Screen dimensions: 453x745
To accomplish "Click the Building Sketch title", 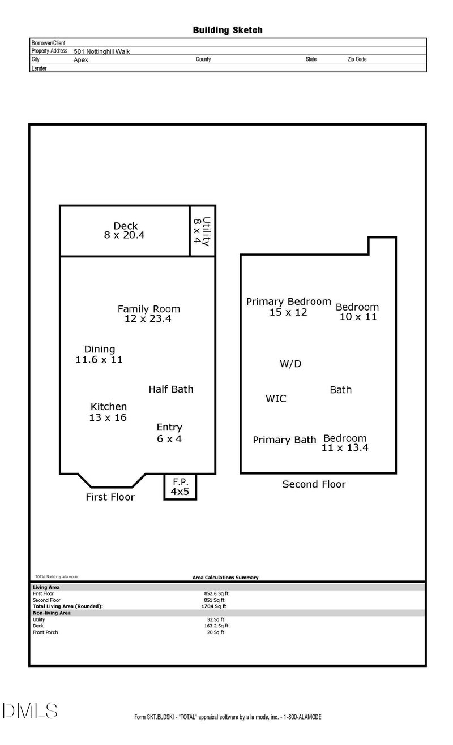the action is (228, 31).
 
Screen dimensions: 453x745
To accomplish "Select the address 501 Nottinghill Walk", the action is (101, 51).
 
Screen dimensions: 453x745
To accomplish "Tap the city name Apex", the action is (81, 60).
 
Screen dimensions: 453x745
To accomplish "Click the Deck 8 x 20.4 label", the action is (125, 230).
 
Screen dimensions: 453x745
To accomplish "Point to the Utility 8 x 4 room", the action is (202, 231).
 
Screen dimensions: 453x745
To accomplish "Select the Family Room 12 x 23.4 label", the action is (148, 313).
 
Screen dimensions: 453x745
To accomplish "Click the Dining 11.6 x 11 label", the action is (99, 354).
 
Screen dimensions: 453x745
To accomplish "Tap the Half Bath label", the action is (171, 389).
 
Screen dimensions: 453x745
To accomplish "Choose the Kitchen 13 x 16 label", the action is (108, 412).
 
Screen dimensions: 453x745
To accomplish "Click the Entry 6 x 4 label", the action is (169, 433).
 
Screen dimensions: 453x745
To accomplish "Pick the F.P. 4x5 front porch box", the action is (180, 486).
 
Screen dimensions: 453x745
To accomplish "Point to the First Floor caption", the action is (110, 497).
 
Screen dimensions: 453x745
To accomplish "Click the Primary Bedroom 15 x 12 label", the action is (289, 307).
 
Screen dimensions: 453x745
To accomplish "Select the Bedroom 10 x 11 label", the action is (357, 312).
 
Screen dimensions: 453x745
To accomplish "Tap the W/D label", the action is (290, 364).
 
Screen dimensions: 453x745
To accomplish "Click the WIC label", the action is (276, 398).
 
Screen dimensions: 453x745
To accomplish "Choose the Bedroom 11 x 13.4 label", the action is (345, 443).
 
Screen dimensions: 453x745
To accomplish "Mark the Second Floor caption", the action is (314, 484).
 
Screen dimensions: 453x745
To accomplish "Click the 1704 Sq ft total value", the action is (213, 606).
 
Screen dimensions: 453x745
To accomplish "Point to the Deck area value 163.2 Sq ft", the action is (216, 626).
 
